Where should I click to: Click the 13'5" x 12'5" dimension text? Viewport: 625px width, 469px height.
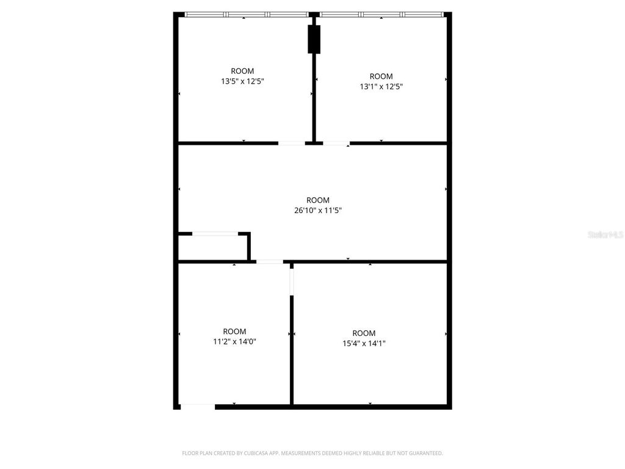[x=242, y=81]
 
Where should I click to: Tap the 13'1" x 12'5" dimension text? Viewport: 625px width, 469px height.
[x=381, y=87]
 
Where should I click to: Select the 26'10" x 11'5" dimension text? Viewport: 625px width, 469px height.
[x=317, y=211]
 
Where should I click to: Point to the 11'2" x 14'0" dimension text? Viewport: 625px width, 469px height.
[x=234, y=342]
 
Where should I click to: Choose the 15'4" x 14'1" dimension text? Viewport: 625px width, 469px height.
[x=364, y=343]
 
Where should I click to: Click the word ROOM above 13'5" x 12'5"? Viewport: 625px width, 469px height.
[x=242, y=71]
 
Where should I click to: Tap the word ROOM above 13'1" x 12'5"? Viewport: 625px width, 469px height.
[x=381, y=76]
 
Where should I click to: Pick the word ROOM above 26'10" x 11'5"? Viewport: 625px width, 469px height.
[x=317, y=200]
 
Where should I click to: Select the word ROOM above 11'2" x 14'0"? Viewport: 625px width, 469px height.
[x=234, y=332]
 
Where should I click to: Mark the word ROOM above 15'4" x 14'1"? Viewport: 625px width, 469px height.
[x=364, y=333]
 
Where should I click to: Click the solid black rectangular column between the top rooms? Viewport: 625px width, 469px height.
[x=314, y=40]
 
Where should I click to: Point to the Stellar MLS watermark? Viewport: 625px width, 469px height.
[x=605, y=234]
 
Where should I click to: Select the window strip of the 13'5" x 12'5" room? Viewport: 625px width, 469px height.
[x=247, y=15]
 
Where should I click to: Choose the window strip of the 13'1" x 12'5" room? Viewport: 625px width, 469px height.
[x=381, y=15]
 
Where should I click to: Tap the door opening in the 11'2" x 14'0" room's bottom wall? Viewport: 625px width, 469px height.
[x=198, y=406]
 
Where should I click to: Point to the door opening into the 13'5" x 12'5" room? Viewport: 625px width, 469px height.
[x=291, y=144]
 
